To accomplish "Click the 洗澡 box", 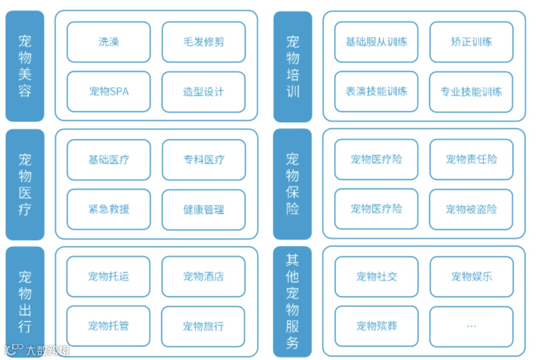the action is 108,42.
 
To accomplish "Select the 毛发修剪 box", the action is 203,42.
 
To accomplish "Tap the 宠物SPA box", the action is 108,91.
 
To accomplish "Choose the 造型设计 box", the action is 203,91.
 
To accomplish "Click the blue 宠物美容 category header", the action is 25,66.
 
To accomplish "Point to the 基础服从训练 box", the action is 376,42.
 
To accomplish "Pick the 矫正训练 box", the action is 471,42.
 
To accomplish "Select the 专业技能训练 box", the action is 471,91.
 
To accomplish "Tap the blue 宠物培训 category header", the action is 292,66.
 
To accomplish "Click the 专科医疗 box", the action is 203,160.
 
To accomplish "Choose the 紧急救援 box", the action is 108,209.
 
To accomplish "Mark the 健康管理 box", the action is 203,209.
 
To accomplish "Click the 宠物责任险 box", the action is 471,160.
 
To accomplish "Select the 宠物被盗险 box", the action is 471,209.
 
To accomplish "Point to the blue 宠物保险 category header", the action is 292,184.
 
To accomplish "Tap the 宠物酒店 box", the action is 203,276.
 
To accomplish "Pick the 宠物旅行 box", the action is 203,326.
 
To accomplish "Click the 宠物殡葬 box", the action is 376,326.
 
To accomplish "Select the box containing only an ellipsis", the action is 471,326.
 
